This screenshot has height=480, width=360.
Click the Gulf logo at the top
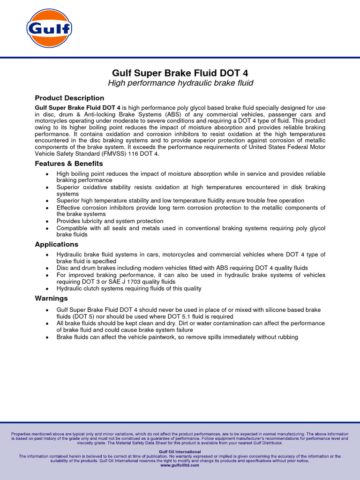point(49,29)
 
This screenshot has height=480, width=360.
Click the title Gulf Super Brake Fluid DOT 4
point(180,73)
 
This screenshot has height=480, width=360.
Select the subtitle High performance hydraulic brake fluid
point(180,83)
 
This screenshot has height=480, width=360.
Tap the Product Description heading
point(69,98)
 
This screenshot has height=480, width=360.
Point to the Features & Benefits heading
point(69,164)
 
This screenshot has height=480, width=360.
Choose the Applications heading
point(57,244)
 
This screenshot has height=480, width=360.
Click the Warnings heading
point(52,298)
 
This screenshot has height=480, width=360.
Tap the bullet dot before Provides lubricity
point(47,221)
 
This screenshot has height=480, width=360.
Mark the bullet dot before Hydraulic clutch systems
point(47,289)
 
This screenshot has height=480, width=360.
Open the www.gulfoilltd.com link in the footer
point(180,465)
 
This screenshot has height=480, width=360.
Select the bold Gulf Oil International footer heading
point(180,452)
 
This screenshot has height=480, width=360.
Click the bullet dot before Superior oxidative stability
point(47,187)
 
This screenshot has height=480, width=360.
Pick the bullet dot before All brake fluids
point(47,323)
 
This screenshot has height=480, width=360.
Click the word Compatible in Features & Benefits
point(73,228)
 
